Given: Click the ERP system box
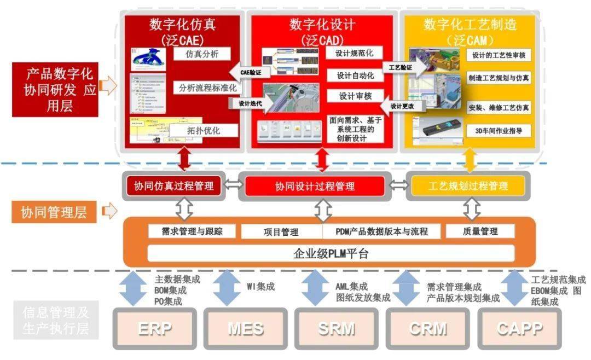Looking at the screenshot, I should (x=155, y=329).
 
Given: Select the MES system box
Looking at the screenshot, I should (x=246, y=329).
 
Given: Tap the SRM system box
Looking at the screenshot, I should (x=336, y=329).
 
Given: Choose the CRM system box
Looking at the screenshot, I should (x=427, y=329).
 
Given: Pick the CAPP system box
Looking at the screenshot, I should (x=519, y=329).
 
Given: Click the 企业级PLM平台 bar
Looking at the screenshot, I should (x=331, y=253).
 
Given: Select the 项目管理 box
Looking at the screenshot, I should (x=281, y=232).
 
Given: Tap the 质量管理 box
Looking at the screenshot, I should (x=480, y=231).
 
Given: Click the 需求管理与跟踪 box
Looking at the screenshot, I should (x=192, y=231).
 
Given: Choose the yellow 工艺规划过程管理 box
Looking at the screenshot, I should (x=467, y=186).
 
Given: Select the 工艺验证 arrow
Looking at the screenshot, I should (x=405, y=68).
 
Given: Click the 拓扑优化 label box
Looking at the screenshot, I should (x=204, y=130).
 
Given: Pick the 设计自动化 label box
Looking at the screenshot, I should (x=355, y=76).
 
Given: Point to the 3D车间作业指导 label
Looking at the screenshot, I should (x=499, y=131).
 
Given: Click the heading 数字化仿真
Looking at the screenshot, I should (x=182, y=25).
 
